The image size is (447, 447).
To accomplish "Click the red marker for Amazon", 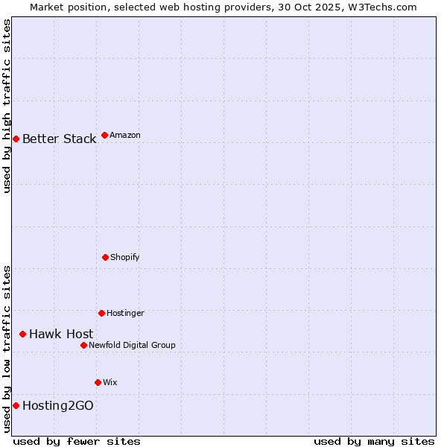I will click(104, 135).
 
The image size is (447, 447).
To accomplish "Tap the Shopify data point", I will click(105, 257).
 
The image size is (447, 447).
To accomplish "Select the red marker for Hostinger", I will click(101, 313).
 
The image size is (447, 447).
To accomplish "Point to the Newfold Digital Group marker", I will click(83, 345).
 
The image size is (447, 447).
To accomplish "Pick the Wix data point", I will click(98, 382).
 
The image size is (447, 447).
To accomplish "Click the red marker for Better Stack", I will click(16, 139).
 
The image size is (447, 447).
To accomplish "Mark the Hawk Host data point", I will click(22, 334).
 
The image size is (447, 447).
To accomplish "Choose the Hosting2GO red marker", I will click(16, 405).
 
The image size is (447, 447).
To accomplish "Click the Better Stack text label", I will click(59, 139).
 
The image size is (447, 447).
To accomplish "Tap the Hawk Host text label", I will click(61, 335).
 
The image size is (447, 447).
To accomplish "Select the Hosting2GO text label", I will click(58, 406).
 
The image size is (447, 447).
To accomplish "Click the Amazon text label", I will click(125, 136).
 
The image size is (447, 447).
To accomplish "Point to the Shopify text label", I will click(125, 258).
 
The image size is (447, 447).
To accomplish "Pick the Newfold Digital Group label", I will click(132, 346).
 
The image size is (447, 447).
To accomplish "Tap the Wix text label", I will click(110, 383).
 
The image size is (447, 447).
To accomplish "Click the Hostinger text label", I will click(125, 314).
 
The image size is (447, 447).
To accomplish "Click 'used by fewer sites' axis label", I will click(77, 441).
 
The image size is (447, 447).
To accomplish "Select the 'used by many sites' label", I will click(374, 441).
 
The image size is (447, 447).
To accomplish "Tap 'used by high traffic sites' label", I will click(7, 106).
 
